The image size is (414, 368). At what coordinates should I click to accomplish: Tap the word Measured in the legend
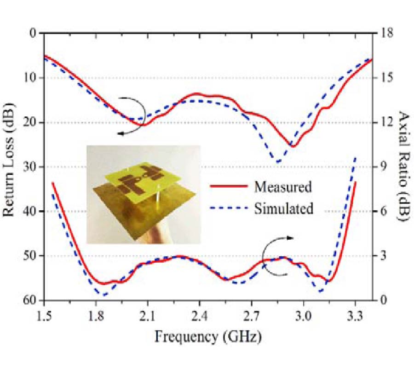(283, 187)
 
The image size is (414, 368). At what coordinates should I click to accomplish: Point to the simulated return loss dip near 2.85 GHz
(277, 161)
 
